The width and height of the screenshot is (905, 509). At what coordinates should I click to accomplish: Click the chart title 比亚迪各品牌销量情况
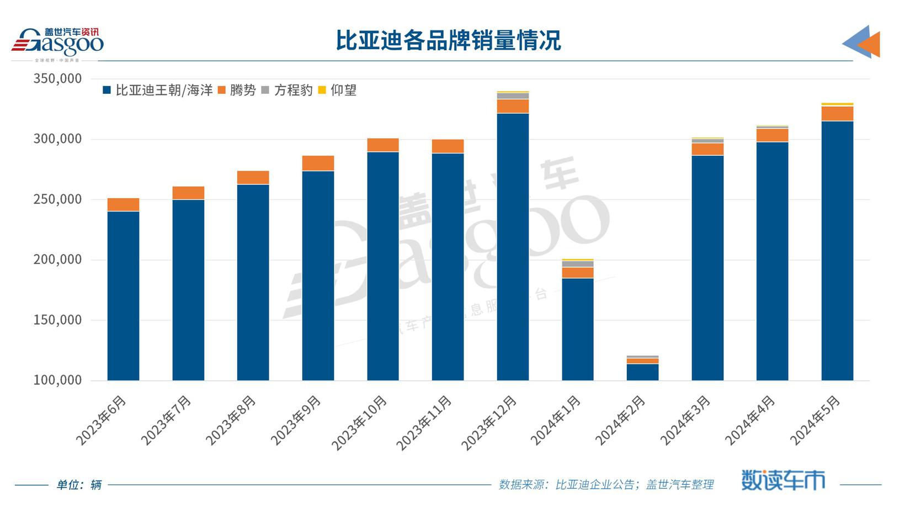tap(448, 40)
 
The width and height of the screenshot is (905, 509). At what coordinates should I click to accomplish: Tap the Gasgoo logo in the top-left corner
tap(57, 43)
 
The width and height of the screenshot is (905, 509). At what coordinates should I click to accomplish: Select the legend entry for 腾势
tap(237, 90)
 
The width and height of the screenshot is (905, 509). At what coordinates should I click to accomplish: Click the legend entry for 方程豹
tap(287, 90)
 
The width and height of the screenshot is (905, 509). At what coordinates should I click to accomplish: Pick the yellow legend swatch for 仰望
tap(322, 90)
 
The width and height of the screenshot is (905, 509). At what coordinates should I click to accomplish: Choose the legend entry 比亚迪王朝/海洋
tap(158, 90)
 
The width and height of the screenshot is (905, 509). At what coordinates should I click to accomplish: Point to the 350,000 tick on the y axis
tap(57, 79)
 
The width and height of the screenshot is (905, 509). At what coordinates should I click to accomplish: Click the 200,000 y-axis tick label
tap(57, 259)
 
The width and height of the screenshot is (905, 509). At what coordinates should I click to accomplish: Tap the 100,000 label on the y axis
tap(57, 380)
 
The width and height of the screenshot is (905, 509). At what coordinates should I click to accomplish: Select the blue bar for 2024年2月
tap(642, 372)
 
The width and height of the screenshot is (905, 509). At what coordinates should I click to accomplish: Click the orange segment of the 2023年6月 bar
tap(123, 204)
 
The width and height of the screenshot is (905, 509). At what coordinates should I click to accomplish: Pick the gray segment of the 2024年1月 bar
tap(578, 264)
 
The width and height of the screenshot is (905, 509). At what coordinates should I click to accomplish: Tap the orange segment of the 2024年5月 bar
tap(837, 113)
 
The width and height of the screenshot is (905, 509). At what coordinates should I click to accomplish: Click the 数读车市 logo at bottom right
tap(783, 480)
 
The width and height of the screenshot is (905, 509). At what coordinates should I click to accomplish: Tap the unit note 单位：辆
tap(79, 485)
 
